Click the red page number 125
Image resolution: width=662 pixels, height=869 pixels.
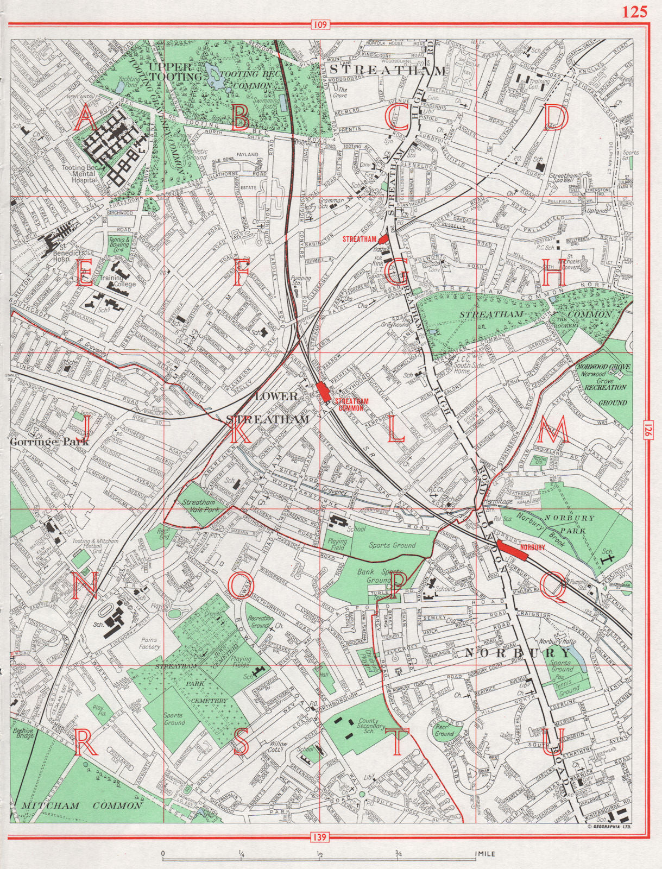tap(635, 12)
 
